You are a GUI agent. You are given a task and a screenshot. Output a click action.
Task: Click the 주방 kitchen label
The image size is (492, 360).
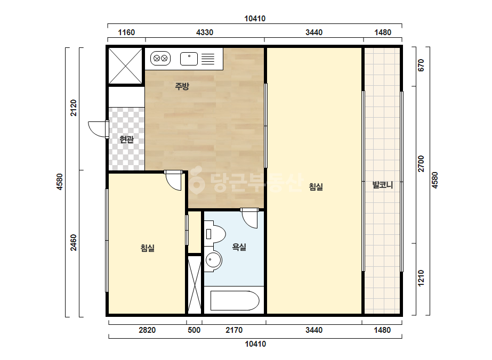point(182,86)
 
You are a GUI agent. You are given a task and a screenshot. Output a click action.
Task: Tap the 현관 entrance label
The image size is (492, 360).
point(126,139)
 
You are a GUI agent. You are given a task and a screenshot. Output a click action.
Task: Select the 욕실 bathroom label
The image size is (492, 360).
point(239,247)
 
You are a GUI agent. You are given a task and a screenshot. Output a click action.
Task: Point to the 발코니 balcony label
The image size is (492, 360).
point(383,185)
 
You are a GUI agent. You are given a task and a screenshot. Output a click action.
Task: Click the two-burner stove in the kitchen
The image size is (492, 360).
point(160,59)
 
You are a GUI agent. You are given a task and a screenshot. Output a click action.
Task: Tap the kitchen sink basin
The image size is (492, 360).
point(189,59)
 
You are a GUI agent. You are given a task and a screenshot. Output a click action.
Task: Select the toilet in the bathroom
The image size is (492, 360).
point(215,234)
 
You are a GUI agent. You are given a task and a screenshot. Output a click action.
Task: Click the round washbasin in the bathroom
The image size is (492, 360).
point(213,260)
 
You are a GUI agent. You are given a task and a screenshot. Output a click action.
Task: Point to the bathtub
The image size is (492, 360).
point(235,300)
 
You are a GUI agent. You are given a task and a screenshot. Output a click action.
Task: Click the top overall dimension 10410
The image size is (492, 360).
point(255,19)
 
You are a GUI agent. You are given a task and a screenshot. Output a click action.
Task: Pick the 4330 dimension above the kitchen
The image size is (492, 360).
point(205,32)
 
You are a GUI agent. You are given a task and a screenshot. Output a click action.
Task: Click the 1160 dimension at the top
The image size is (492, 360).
point(126,32)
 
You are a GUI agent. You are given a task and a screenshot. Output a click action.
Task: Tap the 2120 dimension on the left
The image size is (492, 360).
point(73,108)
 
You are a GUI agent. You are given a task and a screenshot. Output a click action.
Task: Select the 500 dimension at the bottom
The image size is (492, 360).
point(194,330)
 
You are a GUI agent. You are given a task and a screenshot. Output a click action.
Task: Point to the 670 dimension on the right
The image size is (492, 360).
point(421,65)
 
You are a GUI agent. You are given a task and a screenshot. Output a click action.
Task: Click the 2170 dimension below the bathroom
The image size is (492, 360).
point(234,330)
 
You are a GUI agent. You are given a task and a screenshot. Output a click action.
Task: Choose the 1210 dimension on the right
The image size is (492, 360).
point(421,278)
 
